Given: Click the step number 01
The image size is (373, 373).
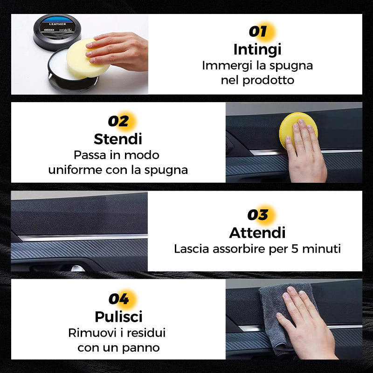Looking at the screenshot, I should pos(257,32).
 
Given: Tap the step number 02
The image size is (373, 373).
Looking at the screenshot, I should pos(118,121).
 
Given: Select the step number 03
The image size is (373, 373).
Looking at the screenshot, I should pos(257,215).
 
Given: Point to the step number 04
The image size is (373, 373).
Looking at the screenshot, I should pos(118,298).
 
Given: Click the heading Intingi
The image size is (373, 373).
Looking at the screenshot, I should pos(257,49).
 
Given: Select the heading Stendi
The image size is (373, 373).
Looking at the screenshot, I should pos(118,139).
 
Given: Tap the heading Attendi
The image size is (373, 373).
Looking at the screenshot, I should pos(257,232).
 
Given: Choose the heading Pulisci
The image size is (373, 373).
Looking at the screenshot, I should pos(118,317).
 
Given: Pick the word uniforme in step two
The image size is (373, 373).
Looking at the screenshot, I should pos(75,170).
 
